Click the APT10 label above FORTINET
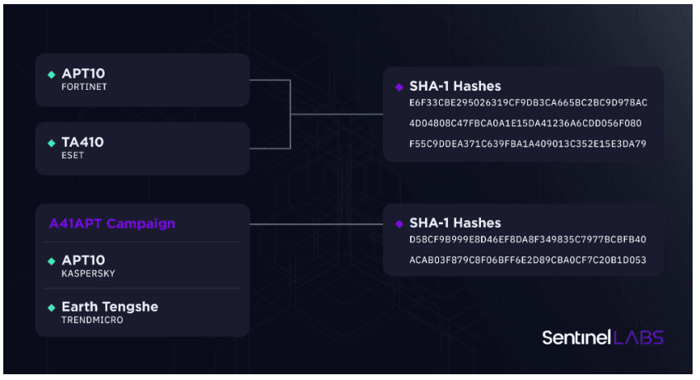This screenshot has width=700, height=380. pos(83,73)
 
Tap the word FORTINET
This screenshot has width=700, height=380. pos(84,87)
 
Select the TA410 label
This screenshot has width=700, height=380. pos(82,142)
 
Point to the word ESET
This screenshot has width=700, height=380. pos(72,155)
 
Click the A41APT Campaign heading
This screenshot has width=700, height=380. pos(112,223)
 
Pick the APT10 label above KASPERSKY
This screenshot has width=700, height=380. pos(83,260)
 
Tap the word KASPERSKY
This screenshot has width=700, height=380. pos(88,274)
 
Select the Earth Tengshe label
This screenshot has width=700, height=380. pos(110,307)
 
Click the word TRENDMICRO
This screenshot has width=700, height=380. pos(92,320)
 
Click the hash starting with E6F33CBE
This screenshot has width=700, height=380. pos(528,103)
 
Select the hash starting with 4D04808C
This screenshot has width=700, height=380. pos(525,124)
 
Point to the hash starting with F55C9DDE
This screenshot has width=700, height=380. pos(528,144)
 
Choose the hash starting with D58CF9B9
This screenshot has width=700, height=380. pos(528,240)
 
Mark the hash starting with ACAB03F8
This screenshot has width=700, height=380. pos(528,260)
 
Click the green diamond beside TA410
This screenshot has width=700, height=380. pos(51,143)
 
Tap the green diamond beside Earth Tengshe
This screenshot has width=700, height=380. pos(51,307)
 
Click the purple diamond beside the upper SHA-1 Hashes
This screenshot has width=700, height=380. pos(399,87)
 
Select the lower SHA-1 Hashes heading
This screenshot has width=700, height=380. pos(455,223)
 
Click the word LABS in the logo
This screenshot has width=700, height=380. pos(639,337)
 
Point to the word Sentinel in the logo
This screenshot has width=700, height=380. pos(576,337)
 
